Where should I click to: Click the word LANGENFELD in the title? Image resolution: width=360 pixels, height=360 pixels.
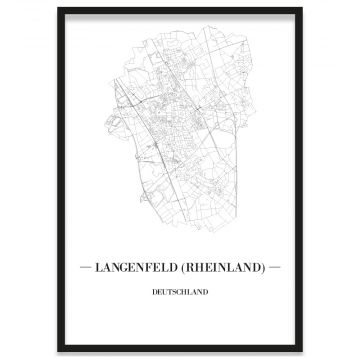(141, 269)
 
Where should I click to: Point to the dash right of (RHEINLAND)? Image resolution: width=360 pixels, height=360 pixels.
(275, 269)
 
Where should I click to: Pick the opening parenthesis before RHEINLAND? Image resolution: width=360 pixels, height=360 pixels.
(186, 269)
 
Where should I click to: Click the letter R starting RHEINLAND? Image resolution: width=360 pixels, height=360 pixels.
(192, 269)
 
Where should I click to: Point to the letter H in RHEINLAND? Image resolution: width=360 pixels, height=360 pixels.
(201, 269)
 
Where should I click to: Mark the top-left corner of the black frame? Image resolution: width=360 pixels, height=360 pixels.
(58, 9)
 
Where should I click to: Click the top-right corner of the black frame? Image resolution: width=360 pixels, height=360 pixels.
(303, 9)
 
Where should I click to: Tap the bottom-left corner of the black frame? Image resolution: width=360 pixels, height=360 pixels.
(58, 352)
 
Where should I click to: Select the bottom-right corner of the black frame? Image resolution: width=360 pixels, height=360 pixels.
(303, 352)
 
